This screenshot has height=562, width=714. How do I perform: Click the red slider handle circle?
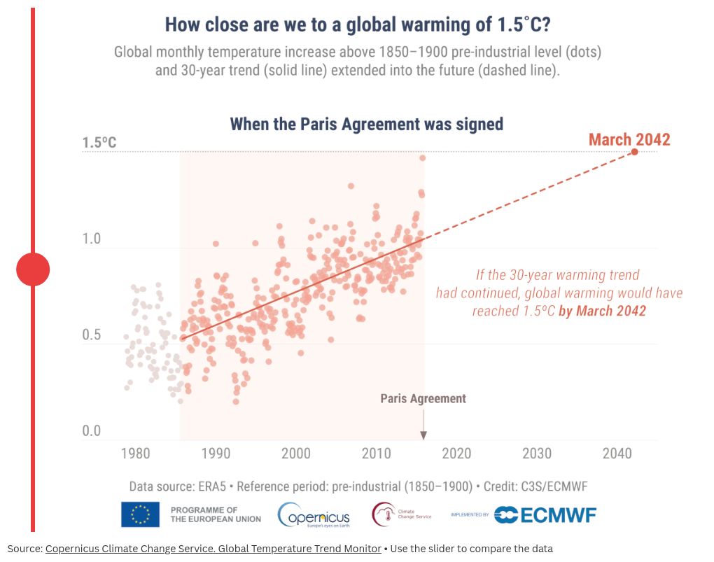[x=33, y=269]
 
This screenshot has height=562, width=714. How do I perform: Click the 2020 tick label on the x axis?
[x=456, y=454]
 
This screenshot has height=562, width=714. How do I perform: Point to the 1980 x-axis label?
[x=135, y=454]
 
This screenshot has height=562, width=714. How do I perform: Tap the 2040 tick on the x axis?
[x=617, y=454]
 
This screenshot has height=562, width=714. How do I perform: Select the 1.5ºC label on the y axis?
[x=99, y=143]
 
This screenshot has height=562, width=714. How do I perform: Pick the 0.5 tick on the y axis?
[x=91, y=335]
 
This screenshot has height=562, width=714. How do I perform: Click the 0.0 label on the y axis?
[x=91, y=431]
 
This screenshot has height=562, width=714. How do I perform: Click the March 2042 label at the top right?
[x=629, y=139]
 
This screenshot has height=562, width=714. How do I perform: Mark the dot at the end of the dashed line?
[x=634, y=152]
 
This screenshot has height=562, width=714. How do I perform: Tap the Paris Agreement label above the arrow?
[x=423, y=399]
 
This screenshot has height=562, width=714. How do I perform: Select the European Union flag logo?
[x=140, y=514]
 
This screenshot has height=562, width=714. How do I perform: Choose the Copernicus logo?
[x=314, y=515]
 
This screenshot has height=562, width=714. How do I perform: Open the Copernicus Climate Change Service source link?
[x=213, y=549]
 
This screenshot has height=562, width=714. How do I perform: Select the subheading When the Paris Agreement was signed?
[x=367, y=124]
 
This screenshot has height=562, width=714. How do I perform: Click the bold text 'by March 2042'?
[x=602, y=310]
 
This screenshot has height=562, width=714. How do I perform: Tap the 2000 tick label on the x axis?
[x=296, y=454]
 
